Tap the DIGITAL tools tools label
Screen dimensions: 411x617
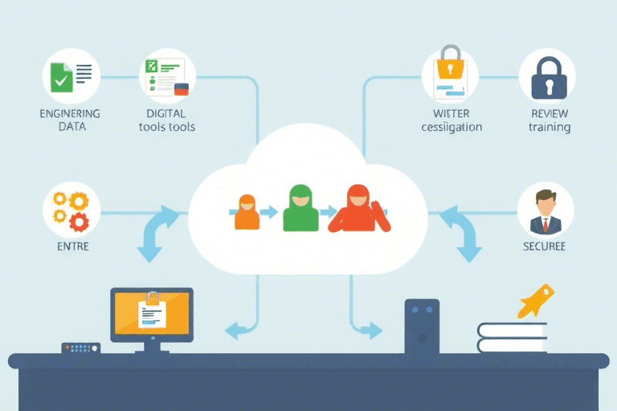[x=166, y=120]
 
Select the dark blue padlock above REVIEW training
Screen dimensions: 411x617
[x=547, y=78]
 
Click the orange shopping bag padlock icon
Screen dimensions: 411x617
[x=451, y=74]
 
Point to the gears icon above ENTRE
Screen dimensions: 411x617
[x=71, y=210]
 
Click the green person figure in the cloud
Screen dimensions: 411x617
[x=300, y=208]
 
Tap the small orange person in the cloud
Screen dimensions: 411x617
[x=247, y=211]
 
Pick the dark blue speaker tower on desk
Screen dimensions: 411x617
[x=422, y=326]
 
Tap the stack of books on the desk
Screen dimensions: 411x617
[x=512, y=337]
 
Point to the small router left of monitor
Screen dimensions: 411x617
[x=81, y=348]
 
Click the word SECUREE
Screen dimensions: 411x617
[x=545, y=246]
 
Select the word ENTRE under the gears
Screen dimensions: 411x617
[x=72, y=246]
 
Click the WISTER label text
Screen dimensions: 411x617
[x=451, y=113]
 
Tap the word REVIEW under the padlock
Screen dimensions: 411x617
[x=549, y=113]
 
